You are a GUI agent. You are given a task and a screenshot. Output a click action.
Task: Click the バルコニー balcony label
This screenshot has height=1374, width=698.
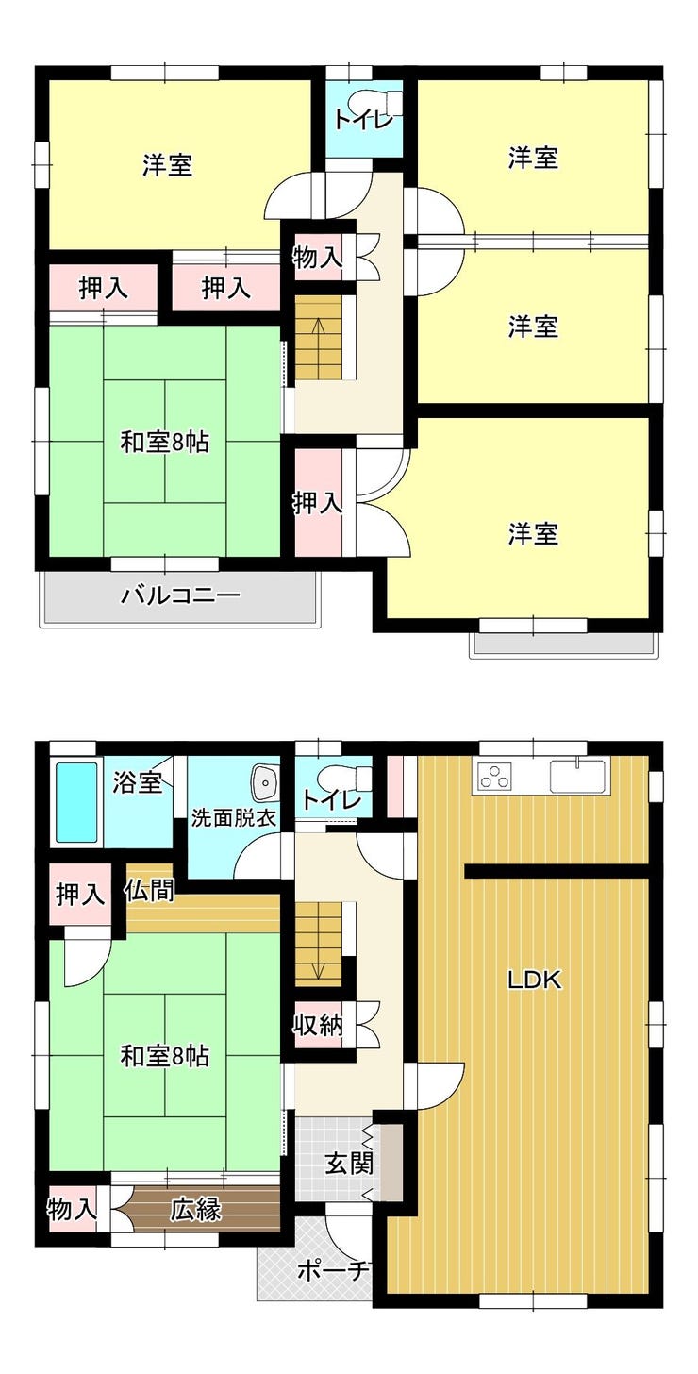[x=180, y=595]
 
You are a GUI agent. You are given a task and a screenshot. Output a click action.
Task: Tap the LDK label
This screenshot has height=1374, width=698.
[x=534, y=980]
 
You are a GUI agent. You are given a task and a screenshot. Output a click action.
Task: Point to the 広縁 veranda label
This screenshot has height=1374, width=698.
[x=195, y=1210]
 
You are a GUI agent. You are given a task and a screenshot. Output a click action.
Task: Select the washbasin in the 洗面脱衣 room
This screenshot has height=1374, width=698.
[x=266, y=782]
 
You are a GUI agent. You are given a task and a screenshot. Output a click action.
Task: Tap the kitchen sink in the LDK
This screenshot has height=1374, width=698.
[x=579, y=777]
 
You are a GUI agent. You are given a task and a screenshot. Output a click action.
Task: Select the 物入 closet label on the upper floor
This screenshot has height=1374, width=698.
[x=317, y=258]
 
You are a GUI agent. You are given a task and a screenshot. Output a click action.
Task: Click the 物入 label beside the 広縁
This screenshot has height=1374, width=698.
[x=73, y=1210]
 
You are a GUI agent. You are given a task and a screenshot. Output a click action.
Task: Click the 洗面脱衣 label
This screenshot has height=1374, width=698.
[x=232, y=818]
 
